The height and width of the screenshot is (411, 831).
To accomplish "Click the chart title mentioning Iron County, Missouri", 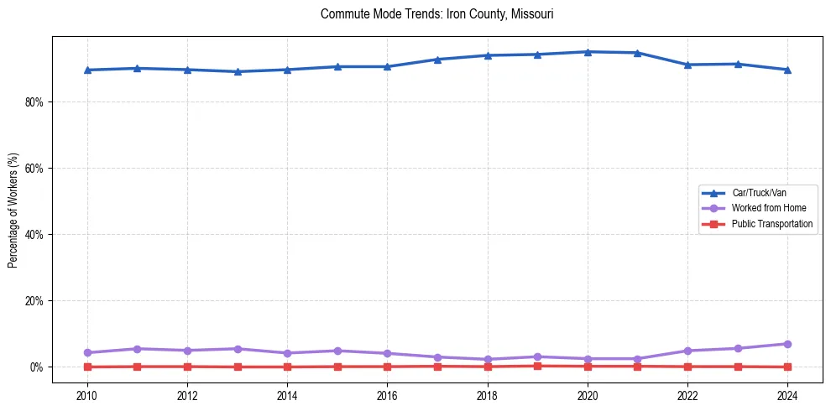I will click(436, 14).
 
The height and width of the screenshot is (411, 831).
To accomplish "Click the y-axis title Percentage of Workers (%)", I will click(13, 210).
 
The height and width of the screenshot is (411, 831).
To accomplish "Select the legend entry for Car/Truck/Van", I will click(759, 193).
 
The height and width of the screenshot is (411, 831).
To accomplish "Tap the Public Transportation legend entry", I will click(771, 224).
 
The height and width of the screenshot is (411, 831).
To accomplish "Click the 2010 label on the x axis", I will click(87, 395).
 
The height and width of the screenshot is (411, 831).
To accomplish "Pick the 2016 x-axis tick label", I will click(387, 395).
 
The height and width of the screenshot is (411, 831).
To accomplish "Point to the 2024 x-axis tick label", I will click(787, 395).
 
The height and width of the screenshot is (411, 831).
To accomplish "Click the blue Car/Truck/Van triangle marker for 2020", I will click(588, 52).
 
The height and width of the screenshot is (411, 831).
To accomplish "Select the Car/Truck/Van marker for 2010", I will click(87, 70).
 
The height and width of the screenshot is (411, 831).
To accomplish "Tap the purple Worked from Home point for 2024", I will click(787, 344).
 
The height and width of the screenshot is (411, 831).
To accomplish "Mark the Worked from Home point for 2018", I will click(488, 359).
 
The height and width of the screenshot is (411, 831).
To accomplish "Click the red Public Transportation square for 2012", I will click(187, 367).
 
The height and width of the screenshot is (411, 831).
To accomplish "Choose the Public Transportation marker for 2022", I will click(687, 367).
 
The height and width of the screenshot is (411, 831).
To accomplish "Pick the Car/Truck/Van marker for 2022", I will click(687, 65).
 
